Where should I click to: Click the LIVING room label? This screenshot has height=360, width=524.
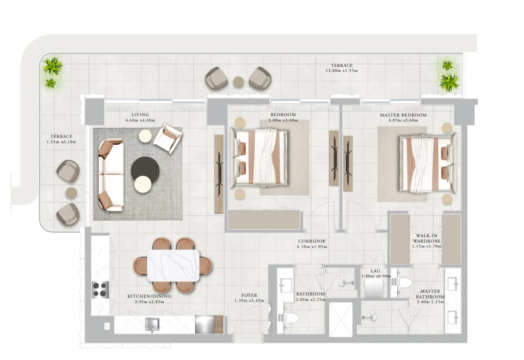pos(140,115)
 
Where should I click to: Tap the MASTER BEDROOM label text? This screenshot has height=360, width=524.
pos(403,115)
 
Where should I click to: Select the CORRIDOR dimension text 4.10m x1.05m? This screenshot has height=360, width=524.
pos(312,247)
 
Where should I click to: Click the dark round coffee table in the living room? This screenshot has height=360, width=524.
pos(145,170)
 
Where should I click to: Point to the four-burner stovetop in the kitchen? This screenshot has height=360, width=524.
pos(100,290)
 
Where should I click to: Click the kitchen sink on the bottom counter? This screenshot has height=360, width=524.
pos(152,324)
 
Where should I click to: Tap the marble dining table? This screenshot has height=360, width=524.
pos(173,265)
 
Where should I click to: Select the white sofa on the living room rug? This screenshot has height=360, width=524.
pos(111,175)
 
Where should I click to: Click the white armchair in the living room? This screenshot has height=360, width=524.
pos(167,138)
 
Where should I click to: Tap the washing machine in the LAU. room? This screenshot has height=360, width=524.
pos(373,289)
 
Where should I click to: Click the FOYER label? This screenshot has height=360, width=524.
pos(249,295)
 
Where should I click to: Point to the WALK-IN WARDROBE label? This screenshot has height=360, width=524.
pos(426,238)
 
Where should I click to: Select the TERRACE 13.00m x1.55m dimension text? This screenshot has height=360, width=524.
pos(341,71)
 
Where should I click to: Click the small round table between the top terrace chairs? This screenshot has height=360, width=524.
pos(239,81)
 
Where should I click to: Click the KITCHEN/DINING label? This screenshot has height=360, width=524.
pos(149,296)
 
